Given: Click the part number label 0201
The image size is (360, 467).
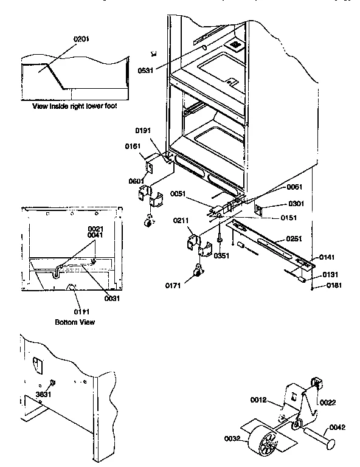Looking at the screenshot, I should [x=81, y=40].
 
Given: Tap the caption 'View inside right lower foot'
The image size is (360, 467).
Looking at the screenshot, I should [x=74, y=106].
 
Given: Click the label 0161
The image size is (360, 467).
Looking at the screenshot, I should [x=133, y=146].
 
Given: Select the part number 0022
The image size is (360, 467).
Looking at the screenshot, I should [x=328, y=402].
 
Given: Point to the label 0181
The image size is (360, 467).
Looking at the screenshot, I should [x=333, y=285].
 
